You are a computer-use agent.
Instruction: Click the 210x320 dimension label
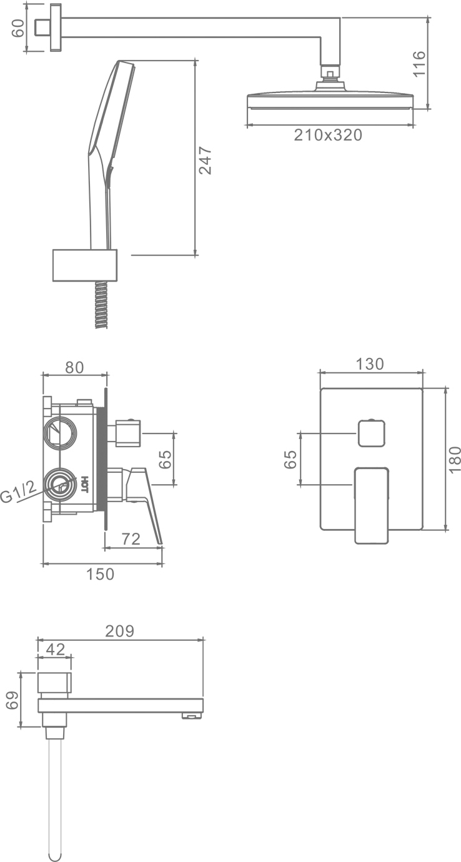point(328,135)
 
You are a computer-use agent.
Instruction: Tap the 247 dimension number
point(205,161)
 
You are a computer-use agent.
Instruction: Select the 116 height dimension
point(419,64)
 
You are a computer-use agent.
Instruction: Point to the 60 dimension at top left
point(17,27)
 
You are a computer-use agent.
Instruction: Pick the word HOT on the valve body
point(85,485)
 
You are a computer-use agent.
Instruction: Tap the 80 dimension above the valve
point(74,367)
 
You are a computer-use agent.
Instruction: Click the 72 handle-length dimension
point(131,539)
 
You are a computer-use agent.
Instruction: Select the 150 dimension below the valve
point(100,574)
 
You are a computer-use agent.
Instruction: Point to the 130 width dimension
point(369,364)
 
